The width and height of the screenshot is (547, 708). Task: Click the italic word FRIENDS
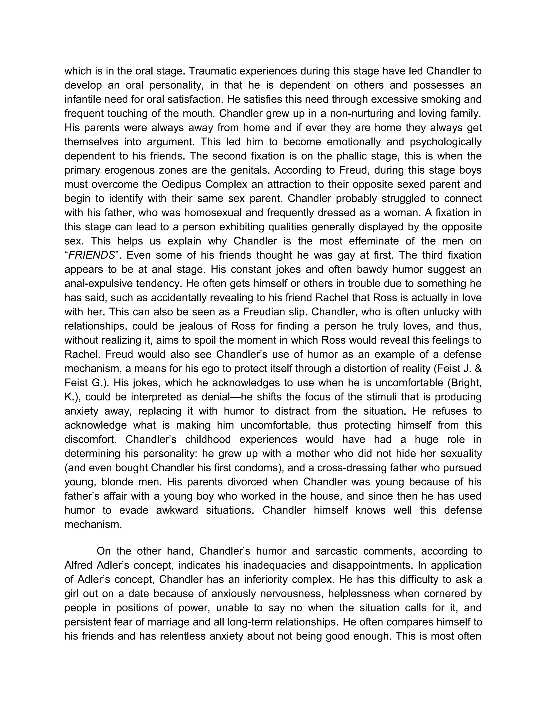click(x=91, y=255)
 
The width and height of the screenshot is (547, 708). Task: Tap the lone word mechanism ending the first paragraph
click(x=93, y=524)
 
